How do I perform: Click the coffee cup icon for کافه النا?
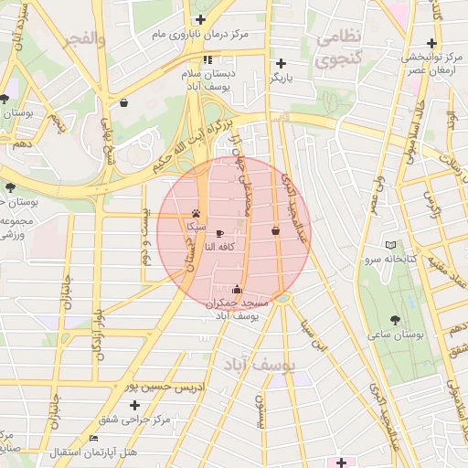pyautogui.click(x=219, y=233)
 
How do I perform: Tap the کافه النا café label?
pyautogui.click(x=222, y=247)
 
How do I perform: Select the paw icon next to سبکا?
pyautogui.click(x=196, y=213)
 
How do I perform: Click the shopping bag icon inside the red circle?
pyautogui.click(x=275, y=231)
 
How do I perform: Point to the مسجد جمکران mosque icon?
pyautogui.click(x=238, y=290)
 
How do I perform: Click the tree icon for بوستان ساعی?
pyautogui.click(x=395, y=320)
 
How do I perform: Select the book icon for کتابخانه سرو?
pyautogui.click(x=391, y=245)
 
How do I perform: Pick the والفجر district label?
pyautogui.click(x=84, y=40)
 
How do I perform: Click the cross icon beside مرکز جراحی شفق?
pyautogui.click(x=135, y=404)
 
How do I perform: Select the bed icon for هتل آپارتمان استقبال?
pyautogui.click(x=93, y=439)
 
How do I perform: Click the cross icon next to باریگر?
pyautogui.click(x=281, y=64)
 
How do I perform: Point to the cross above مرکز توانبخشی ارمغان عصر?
pyautogui.click(x=431, y=42)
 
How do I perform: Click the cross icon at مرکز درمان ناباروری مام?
pyautogui.click(x=200, y=19)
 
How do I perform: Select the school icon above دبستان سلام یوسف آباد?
pyautogui.click(x=207, y=60)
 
